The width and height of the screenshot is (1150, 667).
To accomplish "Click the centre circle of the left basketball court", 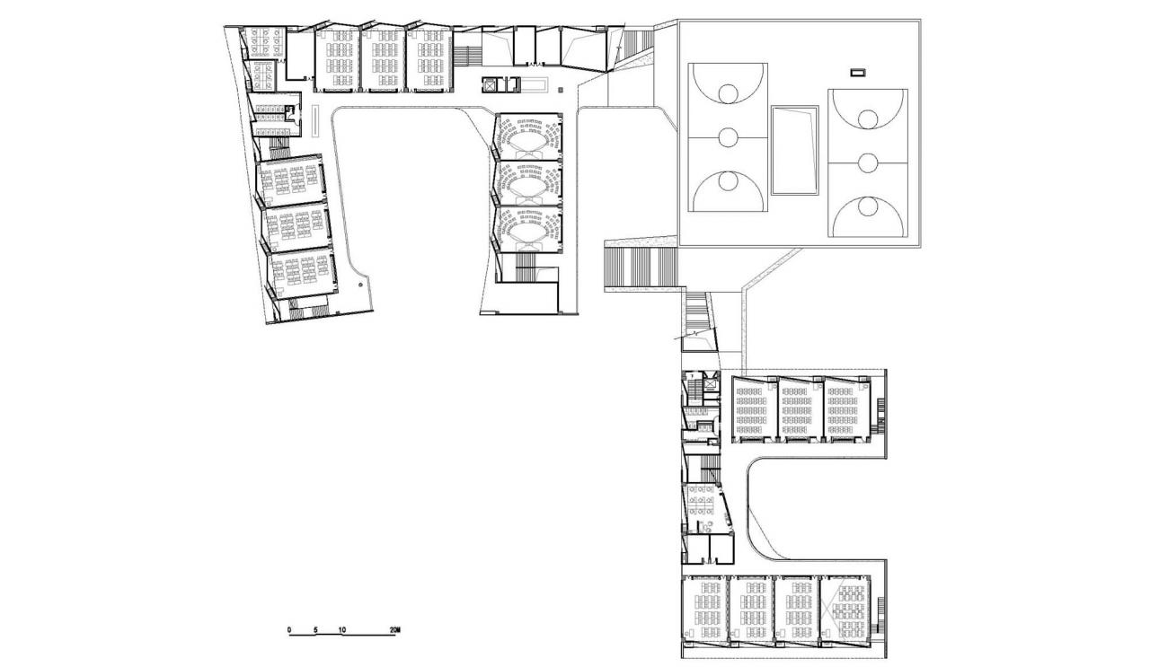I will [x=727, y=137].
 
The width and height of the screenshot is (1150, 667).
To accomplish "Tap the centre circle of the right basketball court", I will [x=867, y=162].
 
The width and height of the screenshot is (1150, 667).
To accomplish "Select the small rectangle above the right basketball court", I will [x=858, y=72].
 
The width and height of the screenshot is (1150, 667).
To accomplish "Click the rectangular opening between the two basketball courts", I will [x=794, y=150].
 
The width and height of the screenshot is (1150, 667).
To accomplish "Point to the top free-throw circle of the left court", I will [x=727, y=93].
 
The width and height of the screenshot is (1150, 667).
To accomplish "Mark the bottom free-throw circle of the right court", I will [x=867, y=206].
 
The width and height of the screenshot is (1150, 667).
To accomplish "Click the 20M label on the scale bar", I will [x=394, y=629].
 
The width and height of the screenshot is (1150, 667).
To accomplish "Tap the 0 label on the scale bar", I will [x=289, y=629].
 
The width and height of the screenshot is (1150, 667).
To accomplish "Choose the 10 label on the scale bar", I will [x=342, y=629].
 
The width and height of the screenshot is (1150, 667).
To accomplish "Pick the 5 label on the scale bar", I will [x=315, y=629].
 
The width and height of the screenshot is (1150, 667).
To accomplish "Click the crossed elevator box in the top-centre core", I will [x=490, y=84].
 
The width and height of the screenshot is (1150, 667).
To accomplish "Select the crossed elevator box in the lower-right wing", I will [x=712, y=383].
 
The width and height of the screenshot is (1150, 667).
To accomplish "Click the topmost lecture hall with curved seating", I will [x=528, y=136].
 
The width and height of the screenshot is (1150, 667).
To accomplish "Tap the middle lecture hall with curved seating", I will [x=528, y=183].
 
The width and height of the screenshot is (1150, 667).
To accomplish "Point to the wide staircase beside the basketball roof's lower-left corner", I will [x=641, y=268].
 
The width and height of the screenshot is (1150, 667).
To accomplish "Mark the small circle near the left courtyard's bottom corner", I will [x=359, y=284].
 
